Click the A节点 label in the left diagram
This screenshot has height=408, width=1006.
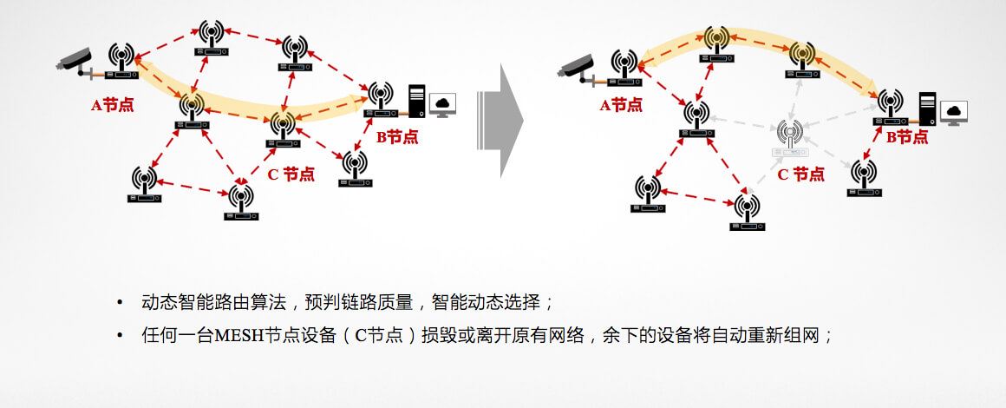point(113,105)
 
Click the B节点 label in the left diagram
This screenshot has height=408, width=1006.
point(396,137)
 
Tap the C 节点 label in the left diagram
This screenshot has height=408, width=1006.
point(291,174)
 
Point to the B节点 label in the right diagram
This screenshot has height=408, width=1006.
point(906,137)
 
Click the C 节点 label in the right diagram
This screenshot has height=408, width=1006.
point(800,174)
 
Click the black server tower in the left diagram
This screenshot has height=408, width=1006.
point(417,100)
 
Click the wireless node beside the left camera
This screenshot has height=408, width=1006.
point(122,61)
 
